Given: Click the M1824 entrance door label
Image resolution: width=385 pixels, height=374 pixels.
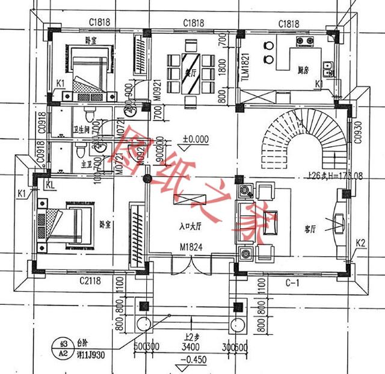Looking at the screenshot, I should click(190, 246).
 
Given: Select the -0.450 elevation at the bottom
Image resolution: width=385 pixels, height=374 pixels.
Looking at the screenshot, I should click(190, 361).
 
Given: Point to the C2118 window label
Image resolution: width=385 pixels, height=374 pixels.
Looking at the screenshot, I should click(90, 281).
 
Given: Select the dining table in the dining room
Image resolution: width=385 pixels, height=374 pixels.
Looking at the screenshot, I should click(191, 70).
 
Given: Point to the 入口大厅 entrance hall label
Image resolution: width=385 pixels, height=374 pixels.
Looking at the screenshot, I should click(190, 227).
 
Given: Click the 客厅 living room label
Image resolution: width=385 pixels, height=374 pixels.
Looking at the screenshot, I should click(310, 228).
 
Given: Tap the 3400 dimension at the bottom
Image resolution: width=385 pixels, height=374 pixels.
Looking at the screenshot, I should click(190, 347).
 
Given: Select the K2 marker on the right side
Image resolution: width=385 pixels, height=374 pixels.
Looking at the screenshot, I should click(360, 242).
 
